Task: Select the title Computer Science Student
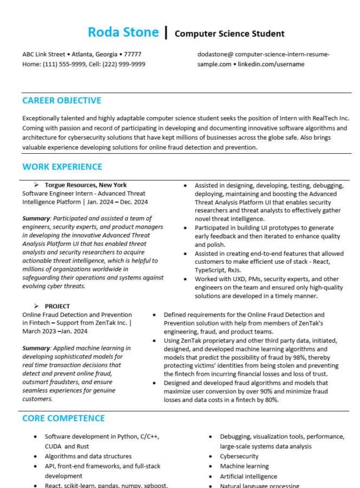click(x=230, y=34)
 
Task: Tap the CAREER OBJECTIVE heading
click(x=62, y=100)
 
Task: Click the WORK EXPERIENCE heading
click(x=62, y=167)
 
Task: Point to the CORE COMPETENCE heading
click(x=63, y=418)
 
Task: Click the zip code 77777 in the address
click(x=133, y=55)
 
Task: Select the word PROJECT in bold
click(x=57, y=306)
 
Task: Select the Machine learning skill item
click(x=244, y=466)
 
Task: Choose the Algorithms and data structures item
click(x=88, y=456)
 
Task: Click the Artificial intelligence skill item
click(x=248, y=477)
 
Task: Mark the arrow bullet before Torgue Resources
click(x=36, y=185)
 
